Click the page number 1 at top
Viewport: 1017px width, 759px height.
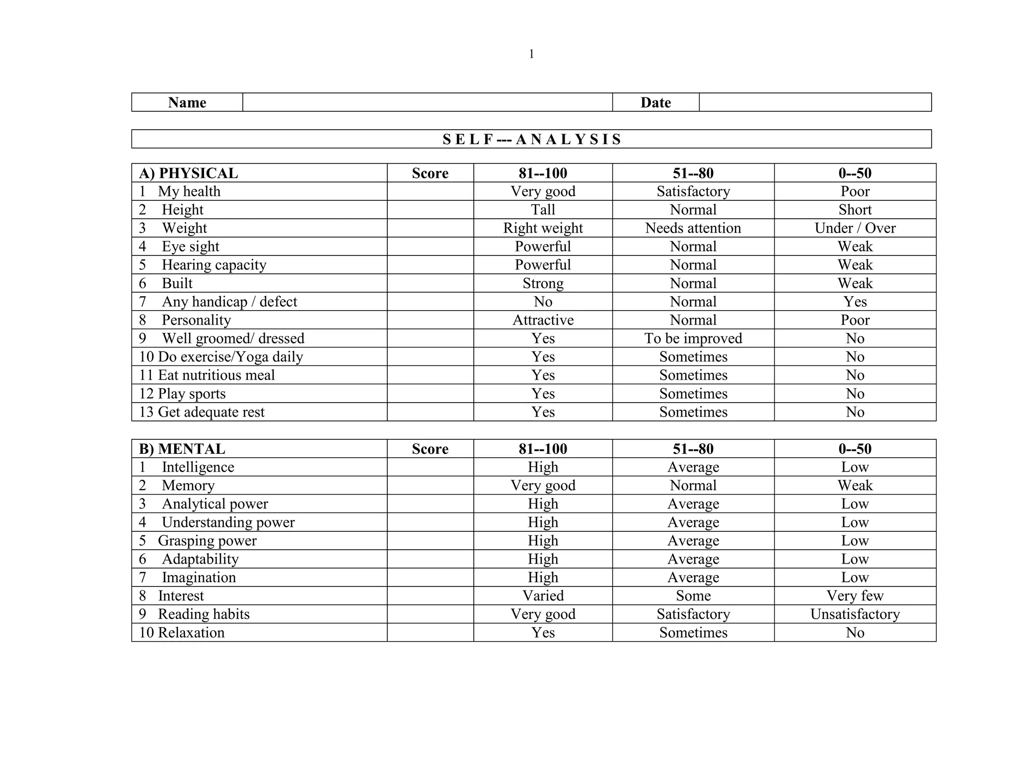click(x=531, y=54)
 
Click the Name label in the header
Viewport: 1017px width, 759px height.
click(x=187, y=102)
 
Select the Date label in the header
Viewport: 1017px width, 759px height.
click(x=655, y=102)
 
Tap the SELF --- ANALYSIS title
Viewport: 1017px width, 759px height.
click(x=531, y=139)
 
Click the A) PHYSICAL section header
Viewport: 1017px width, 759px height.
click(x=189, y=173)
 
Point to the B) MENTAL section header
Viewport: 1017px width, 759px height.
click(x=182, y=449)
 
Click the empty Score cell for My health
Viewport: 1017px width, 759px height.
click(x=430, y=191)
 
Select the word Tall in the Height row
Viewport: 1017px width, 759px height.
click(x=543, y=210)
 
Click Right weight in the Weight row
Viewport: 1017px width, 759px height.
click(x=543, y=228)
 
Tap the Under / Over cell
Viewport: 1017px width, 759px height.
click(x=855, y=228)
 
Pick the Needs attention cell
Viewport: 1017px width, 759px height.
click(x=693, y=228)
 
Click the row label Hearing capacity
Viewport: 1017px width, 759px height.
click(x=214, y=265)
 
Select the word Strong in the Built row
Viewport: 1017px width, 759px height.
click(x=543, y=283)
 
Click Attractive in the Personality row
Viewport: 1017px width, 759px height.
click(x=543, y=320)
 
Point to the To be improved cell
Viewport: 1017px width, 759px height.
click(x=693, y=338)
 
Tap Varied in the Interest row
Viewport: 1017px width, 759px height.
click(x=543, y=596)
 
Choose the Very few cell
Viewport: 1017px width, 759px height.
click(x=855, y=596)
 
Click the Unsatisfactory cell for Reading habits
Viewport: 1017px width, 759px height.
click(x=855, y=614)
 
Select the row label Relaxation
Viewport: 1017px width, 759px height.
click(x=191, y=633)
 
